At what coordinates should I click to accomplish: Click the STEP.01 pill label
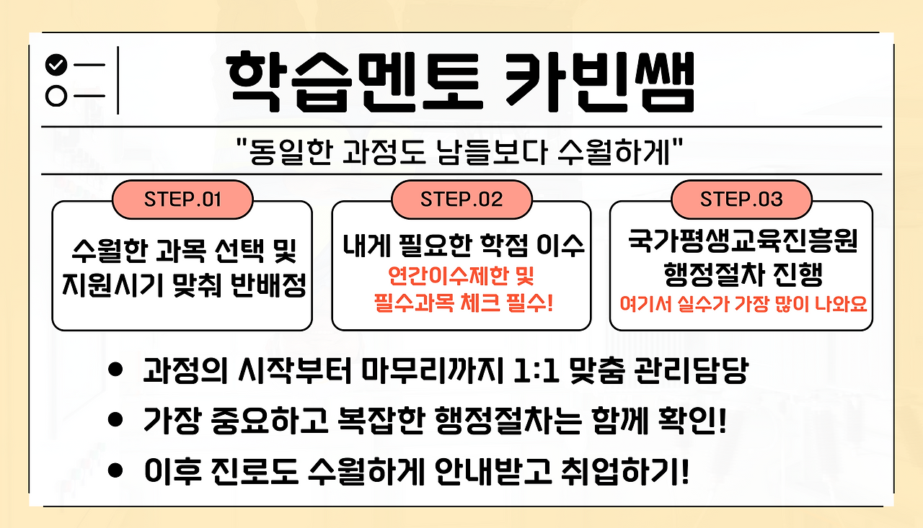(x=182, y=200)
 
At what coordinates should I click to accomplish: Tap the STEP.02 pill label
(x=461, y=200)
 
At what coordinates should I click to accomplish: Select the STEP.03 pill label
(x=741, y=200)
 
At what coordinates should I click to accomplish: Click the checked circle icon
(x=56, y=65)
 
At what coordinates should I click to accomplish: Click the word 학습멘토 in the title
(x=354, y=82)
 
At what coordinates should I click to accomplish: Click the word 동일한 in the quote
(x=291, y=152)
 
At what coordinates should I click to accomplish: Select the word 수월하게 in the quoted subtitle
(x=614, y=152)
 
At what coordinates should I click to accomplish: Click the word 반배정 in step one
(x=268, y=285)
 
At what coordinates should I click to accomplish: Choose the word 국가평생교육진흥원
(x=743, y=241)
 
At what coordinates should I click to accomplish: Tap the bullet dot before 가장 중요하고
(x=115, y=420)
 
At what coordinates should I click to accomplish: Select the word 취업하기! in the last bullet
(x=624, y=471)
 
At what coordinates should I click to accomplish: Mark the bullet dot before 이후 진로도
(x=115, y=470)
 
